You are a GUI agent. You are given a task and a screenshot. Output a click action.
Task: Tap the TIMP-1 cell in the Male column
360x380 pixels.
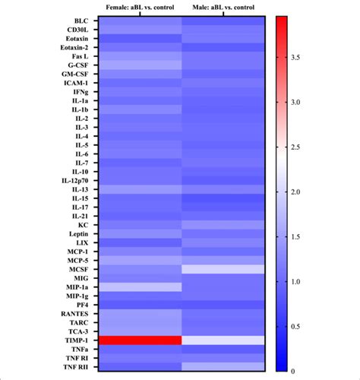pyautogui.click(x=223, y=340)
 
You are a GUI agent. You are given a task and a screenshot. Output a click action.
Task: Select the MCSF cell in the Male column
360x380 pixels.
pyautogui.click(x=223, y=269)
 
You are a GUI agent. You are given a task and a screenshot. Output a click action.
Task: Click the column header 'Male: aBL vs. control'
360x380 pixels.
pyautogui.click(x=223, y=8)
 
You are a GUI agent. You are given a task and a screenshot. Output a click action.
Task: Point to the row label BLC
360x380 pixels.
pyautogui.click(x=81, y=21)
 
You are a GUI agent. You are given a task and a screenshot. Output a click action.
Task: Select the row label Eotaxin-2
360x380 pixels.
pyautogui.click(x=76, y=48)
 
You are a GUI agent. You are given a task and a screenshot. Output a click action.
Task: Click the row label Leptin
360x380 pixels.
pyautogui.click(x=78, y=233)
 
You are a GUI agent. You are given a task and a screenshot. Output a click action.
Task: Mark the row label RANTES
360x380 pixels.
pyautogui.click(x=76, y=313)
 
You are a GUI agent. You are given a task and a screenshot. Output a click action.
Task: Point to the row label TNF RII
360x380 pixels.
pyautogui.click(x=76, y=366)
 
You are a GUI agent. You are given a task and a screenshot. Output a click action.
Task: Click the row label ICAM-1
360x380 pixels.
pyautogui.click(x=76, y=83)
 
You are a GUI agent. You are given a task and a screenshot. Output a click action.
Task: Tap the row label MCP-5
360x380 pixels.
pyautogui.click(x=77, y=260)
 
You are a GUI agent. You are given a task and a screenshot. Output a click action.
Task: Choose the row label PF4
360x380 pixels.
pyautogui.click(x=82, y=304)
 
